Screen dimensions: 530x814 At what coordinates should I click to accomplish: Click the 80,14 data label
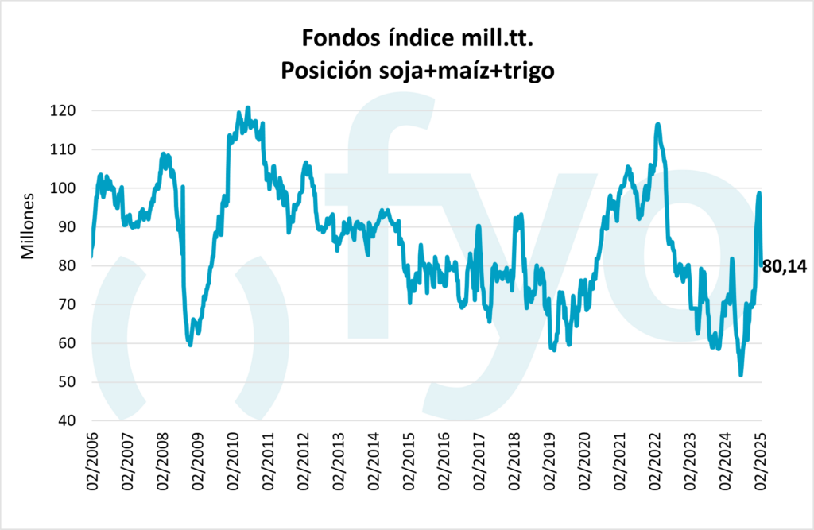click(784, 267)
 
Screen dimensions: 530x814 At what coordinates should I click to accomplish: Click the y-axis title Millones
click(28, 226)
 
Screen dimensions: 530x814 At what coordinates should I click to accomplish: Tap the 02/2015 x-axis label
click(409, 462)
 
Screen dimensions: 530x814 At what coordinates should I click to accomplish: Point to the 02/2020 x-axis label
click(585, 462)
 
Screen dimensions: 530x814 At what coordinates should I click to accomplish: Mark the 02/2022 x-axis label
click(656, 462)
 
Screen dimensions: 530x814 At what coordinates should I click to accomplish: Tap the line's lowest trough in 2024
click(741, 375)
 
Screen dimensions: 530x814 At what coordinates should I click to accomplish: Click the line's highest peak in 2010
click(248, 107)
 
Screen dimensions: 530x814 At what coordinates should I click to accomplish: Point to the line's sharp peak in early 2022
click(657, 124)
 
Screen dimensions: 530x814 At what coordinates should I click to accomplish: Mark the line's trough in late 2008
click(189, 345)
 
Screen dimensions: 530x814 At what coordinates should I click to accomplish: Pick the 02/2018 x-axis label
click(514, 462)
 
